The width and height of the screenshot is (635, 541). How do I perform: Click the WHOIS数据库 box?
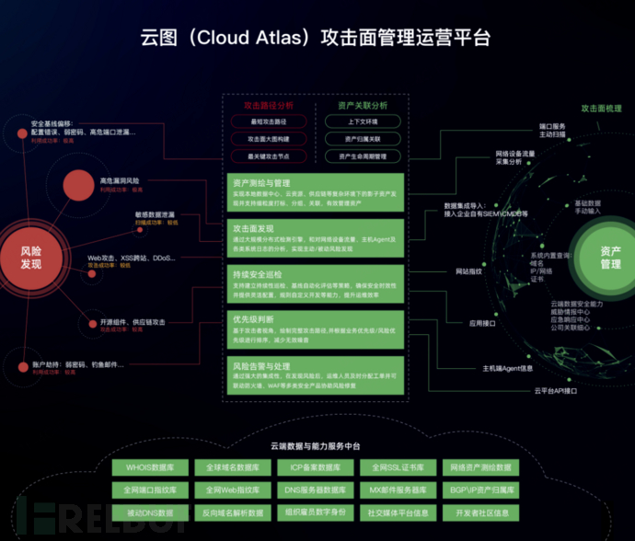pyautogui.click(x=150, y=467)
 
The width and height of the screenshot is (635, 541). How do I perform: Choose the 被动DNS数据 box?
pyautogui.click(x=150, y=512)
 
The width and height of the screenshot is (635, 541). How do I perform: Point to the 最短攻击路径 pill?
pyautogui.click(x=268, y=121)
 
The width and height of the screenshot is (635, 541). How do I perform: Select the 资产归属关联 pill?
pyautogui.click(x=361, y=138)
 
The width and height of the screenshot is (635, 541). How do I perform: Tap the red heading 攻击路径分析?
pyautogui.click(x=268, y=106)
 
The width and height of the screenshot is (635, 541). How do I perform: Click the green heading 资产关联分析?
pyautogui.click(x=361, y=106)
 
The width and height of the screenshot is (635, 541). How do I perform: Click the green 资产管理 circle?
pyautogui.click(x=610, y=257)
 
